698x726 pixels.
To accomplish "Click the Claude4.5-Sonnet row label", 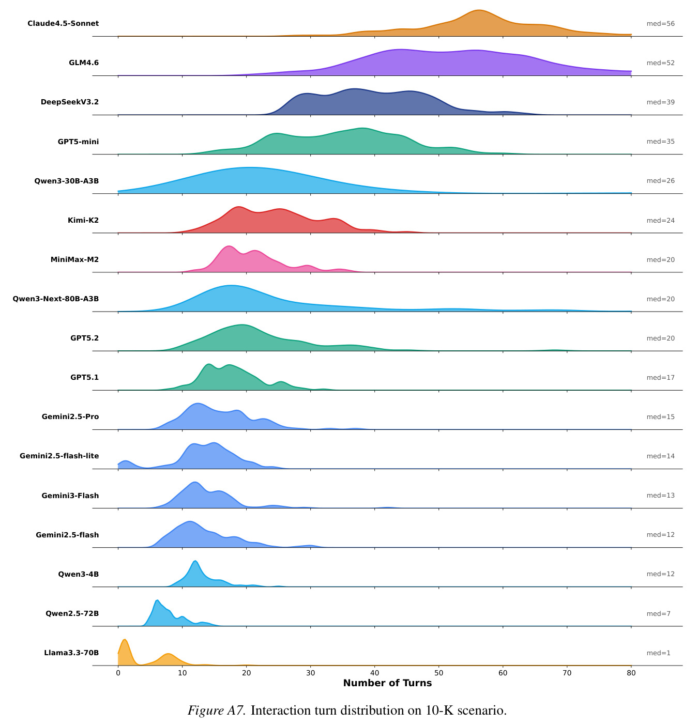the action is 63,23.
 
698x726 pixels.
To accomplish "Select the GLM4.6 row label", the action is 84,63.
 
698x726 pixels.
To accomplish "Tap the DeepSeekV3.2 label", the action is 70,102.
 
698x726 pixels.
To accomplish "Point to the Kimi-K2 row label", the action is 83,220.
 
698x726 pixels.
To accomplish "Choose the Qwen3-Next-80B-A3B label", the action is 56,299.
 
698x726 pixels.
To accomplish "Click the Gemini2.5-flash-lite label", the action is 59,456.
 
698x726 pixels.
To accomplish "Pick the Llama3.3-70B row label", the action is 71,653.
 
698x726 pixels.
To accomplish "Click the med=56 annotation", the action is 660,23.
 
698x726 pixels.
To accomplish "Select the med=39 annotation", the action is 660,102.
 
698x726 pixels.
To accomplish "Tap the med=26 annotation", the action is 660,180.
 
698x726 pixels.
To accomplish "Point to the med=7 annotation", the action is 658,614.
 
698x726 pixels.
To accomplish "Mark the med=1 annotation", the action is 658,653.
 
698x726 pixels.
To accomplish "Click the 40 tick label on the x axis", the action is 374,673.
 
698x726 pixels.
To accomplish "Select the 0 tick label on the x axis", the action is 118,673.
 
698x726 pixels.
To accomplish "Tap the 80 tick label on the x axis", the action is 631,673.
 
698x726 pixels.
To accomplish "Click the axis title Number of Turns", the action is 387,683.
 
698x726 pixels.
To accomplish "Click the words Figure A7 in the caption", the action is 217,710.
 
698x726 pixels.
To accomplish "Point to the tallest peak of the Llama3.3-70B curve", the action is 125,640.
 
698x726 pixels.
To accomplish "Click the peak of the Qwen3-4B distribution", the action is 195,561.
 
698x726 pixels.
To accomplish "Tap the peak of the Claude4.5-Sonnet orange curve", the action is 479,10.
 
